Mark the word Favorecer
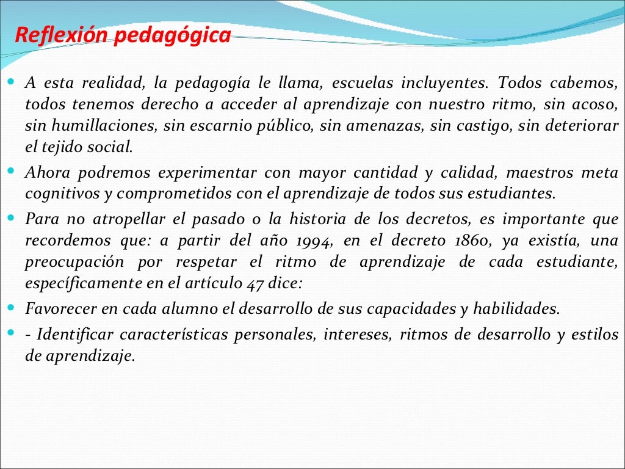[60, 308]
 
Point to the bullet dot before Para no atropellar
[12, 217]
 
